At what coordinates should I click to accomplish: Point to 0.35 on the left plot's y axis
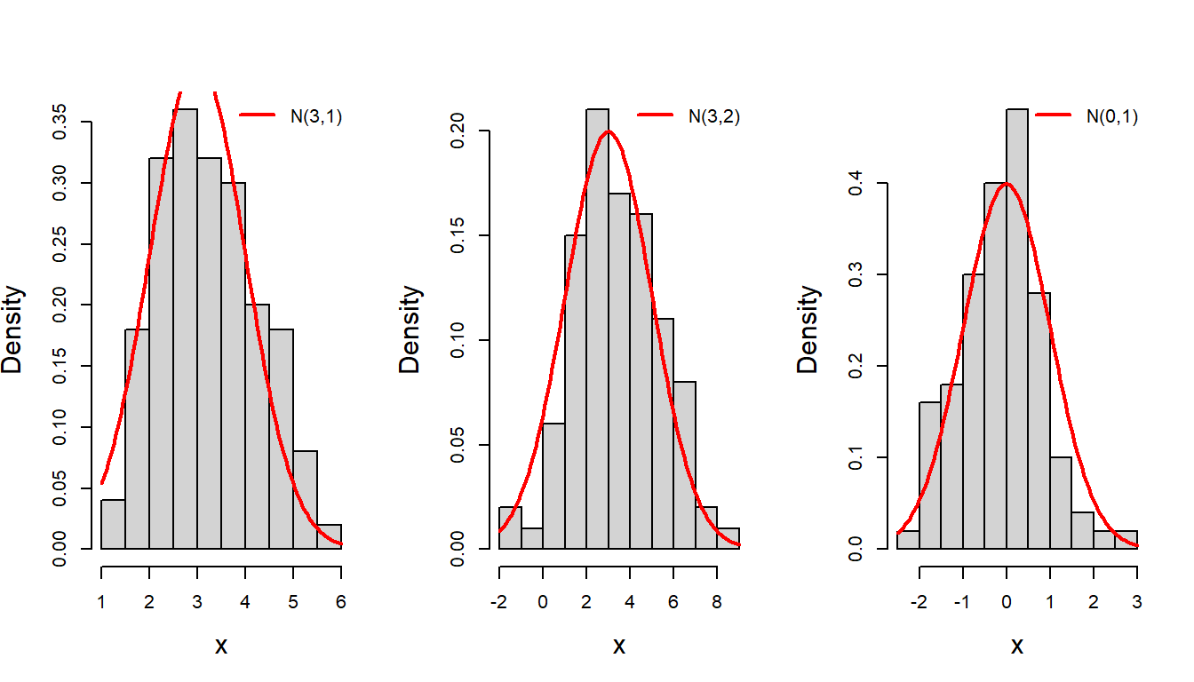60,122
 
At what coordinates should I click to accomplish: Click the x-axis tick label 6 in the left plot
341,602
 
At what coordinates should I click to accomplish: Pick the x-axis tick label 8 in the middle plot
717,602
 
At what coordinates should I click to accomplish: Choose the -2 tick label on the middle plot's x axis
499,602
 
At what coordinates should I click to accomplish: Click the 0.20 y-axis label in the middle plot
458,131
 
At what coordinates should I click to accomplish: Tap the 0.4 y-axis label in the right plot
856,183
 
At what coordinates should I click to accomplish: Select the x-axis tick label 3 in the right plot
1137,602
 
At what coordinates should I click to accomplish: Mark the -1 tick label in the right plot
963,602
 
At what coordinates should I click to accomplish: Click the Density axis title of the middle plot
410,329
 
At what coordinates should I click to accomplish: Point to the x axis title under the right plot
1017,646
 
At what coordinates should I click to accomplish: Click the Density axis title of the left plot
12,329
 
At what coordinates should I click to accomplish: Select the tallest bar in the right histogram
1017,329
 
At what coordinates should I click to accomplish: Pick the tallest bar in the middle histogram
598,329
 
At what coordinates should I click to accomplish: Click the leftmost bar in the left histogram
113,524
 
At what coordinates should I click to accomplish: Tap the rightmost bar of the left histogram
330,536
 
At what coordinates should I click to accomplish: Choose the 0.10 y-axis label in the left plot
60,427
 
